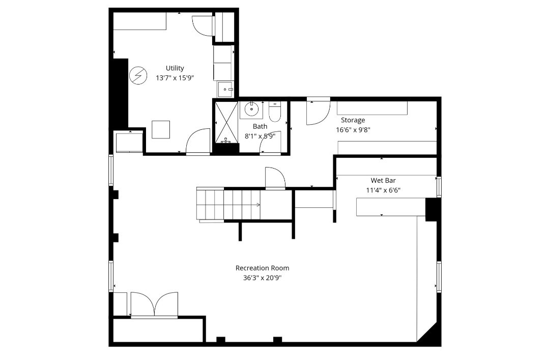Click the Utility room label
(175, 68)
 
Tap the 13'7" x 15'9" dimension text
(175, 78)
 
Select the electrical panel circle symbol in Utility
(137, 76)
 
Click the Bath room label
(260, 126)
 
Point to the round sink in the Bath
(251, 109)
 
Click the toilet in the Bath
(275, 112)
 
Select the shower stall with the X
(225, 122)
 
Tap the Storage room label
(353, 120)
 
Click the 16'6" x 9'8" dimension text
(353, 129)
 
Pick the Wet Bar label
(383, 181)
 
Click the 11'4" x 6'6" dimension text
(383, 190)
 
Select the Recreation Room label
(262, 268)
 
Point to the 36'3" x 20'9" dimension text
(262, 278)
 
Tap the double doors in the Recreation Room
(154, 306)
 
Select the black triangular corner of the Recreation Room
(428, 335)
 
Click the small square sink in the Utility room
(225, 90)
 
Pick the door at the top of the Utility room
(202, 25)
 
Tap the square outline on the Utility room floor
(161, 129)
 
